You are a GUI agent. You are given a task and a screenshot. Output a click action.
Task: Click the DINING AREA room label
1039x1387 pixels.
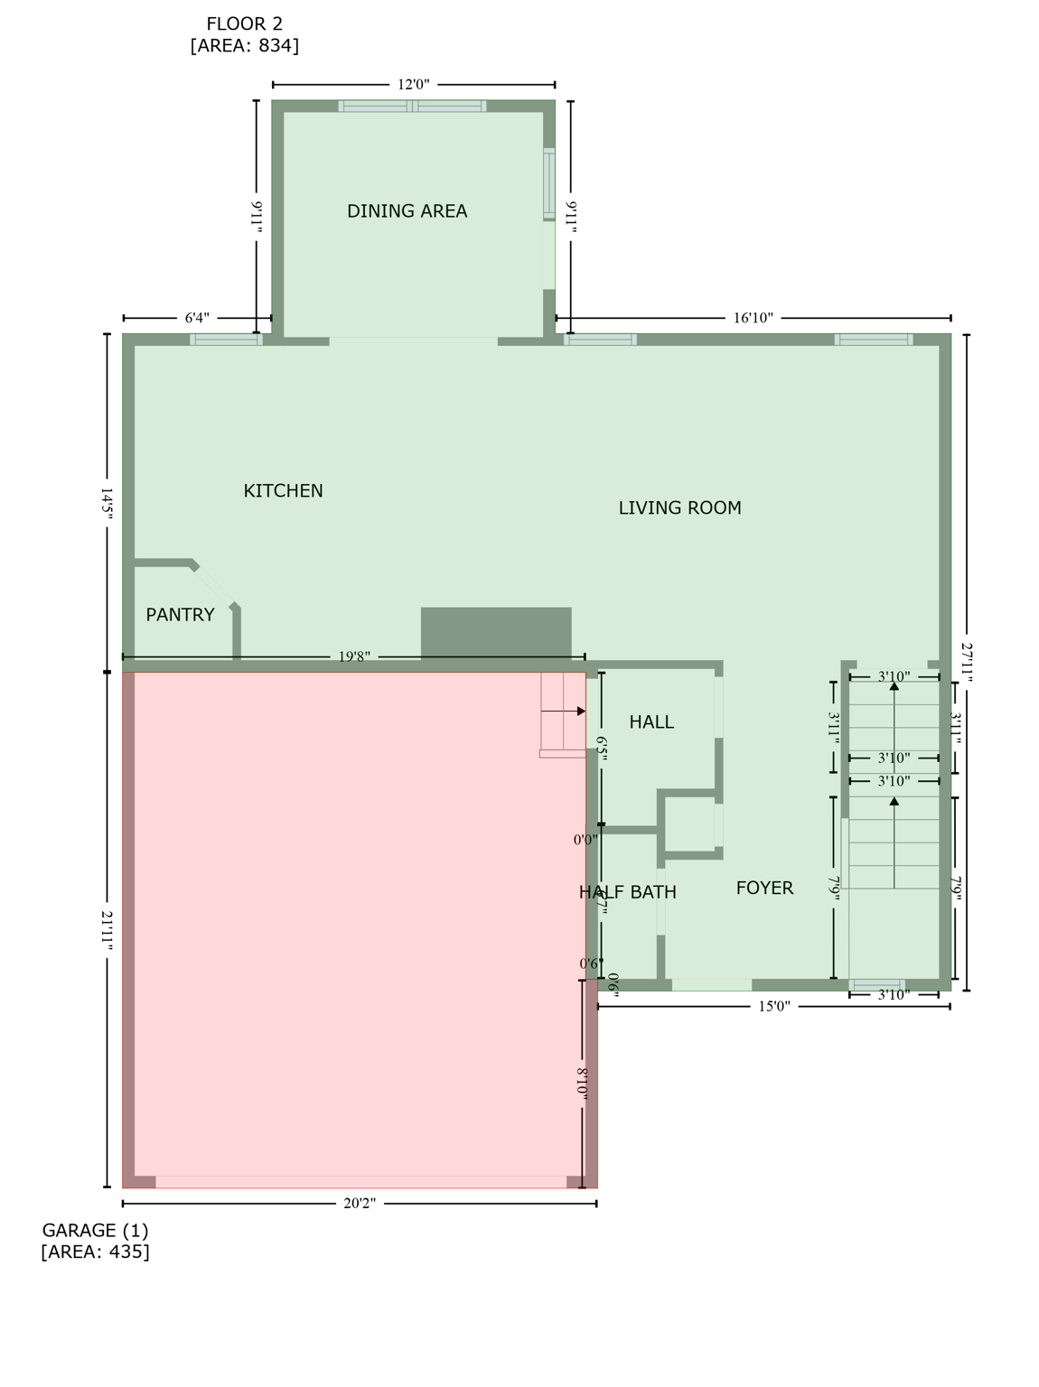[407, 211]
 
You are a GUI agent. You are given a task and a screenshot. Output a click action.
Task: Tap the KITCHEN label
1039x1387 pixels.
[283, 491]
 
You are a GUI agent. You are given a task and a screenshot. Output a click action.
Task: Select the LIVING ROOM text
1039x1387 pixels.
[679, 508]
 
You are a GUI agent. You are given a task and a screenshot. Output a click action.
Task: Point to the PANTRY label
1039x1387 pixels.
[180, 615]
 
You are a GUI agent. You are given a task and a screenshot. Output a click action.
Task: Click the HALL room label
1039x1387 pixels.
[651, 722]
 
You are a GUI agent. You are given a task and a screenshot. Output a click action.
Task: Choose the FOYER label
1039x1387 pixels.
[764, 889]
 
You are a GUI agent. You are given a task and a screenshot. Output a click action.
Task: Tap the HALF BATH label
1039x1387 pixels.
[627, 893]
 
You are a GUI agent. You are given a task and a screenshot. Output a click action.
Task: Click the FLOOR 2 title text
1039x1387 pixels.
[244, 24]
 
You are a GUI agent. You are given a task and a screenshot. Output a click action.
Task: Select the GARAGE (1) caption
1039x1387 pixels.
[95, 1231]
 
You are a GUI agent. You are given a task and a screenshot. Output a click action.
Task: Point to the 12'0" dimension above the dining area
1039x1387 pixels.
[414, 85]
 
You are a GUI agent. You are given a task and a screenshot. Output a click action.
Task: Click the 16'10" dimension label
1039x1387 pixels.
[754, 318]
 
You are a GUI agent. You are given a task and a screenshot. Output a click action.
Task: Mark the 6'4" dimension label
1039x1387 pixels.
[197, 318]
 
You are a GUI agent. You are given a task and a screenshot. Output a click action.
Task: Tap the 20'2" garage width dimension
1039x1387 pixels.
[360, 1203]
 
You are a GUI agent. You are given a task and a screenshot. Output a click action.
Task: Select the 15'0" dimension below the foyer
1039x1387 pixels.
[773, 1006]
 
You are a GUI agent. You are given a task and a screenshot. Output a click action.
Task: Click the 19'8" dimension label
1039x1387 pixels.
[354, 657]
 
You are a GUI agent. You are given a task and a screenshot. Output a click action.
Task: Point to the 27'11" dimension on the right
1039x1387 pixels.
[967, 663]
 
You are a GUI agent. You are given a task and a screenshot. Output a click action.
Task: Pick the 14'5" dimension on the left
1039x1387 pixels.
[107, 502]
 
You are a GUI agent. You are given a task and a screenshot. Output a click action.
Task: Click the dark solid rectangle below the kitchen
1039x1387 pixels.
[496, 632]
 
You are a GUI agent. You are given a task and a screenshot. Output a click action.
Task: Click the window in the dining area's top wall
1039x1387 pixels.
[412, 107]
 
